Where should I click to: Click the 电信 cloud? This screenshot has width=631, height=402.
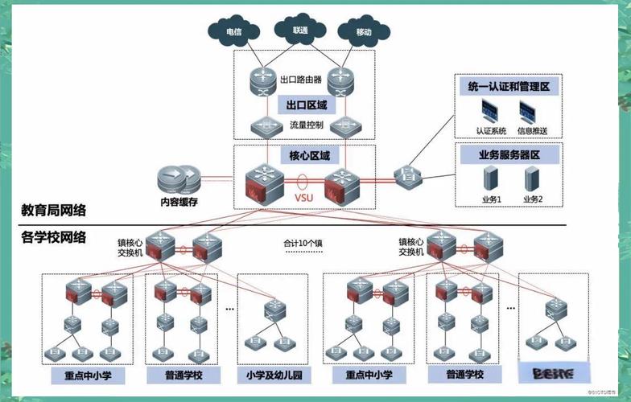(x=233, y=32)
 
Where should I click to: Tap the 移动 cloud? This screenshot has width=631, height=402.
(x=363, y=32)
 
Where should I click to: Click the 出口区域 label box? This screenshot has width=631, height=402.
(x=306, y=105)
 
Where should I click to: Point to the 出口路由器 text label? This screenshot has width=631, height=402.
(x=300, y=80)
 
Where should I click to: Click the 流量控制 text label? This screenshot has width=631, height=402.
(x=306, y=125)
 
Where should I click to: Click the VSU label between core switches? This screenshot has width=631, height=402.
(x=303, y=196)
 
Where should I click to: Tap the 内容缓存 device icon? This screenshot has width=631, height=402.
(x=179, y=177)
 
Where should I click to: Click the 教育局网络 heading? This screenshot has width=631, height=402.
(x=54, y=211)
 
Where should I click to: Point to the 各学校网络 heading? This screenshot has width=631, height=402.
(x=54, y=237)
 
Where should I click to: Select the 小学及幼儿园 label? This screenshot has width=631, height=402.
(x=273, y=375)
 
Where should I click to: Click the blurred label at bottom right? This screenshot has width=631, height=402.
(x=552, y=374)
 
